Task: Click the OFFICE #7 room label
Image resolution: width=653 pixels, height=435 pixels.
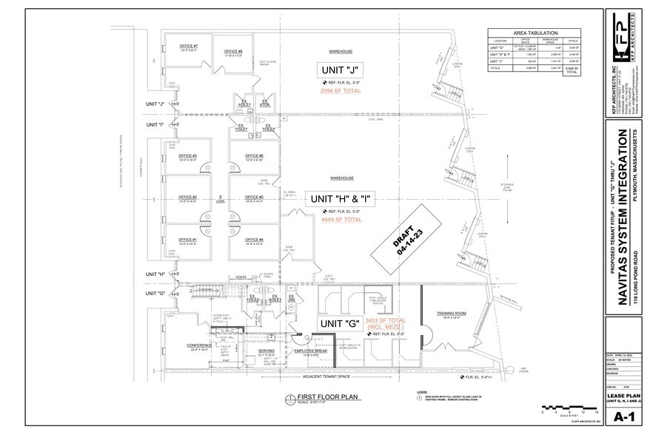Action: point(189,47)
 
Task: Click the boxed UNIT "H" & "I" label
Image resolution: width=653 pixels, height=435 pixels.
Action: point(341,199)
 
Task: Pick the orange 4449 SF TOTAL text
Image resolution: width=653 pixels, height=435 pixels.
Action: point(341,220)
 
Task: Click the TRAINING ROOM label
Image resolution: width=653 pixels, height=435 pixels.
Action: point(451,313)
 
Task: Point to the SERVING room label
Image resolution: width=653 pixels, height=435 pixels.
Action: point(267,351)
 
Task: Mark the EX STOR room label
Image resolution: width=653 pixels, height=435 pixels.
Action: point(264,103)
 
